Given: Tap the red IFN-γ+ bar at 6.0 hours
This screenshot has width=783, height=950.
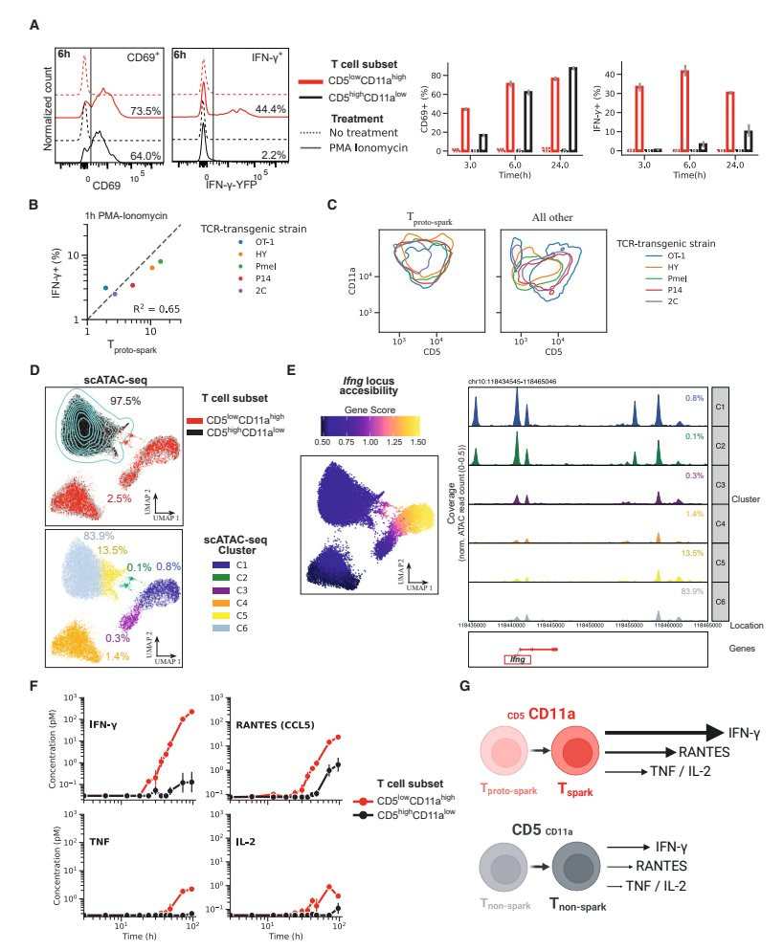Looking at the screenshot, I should [684, 110].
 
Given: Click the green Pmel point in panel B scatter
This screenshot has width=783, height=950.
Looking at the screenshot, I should [161, 261].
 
